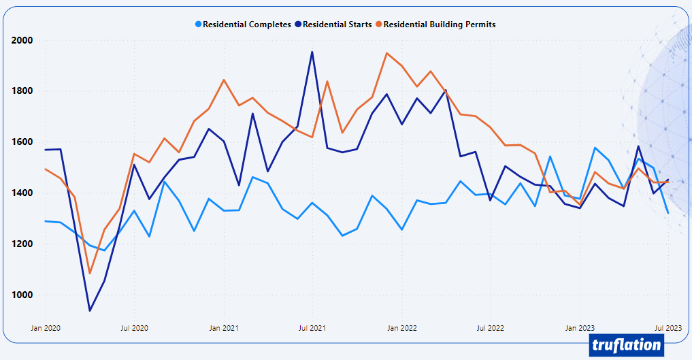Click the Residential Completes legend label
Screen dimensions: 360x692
pos(247,24)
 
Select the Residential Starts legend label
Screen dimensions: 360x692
pos(337,24)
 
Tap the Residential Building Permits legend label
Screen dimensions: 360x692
pos(440,24)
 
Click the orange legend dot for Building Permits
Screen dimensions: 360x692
pos(379,24)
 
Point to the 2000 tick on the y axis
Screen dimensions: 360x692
pos(22,40)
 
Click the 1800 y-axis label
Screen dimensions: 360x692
pos(22,91)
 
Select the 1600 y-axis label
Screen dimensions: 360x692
pos(22,142)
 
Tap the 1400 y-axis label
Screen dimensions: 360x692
pos(22,193)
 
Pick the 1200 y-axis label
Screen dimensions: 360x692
pos(22,244)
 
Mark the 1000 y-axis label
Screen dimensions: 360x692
pos(22,295)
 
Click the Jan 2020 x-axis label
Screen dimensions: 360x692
pos(46,328)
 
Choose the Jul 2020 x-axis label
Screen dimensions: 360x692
pos(134,328)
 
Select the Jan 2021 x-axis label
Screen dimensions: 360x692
pos(224,328)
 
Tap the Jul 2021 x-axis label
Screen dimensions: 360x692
pos(312,328)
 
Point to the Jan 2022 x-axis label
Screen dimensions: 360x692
pos(402,328)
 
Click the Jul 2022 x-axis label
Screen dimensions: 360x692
pos(490,328)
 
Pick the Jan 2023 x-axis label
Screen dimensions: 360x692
pos(580,328)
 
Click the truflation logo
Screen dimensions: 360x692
pos(625,344)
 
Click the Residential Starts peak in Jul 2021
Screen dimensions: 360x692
pos(312,52)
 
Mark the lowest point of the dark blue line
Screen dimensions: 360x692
pos(90,310)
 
